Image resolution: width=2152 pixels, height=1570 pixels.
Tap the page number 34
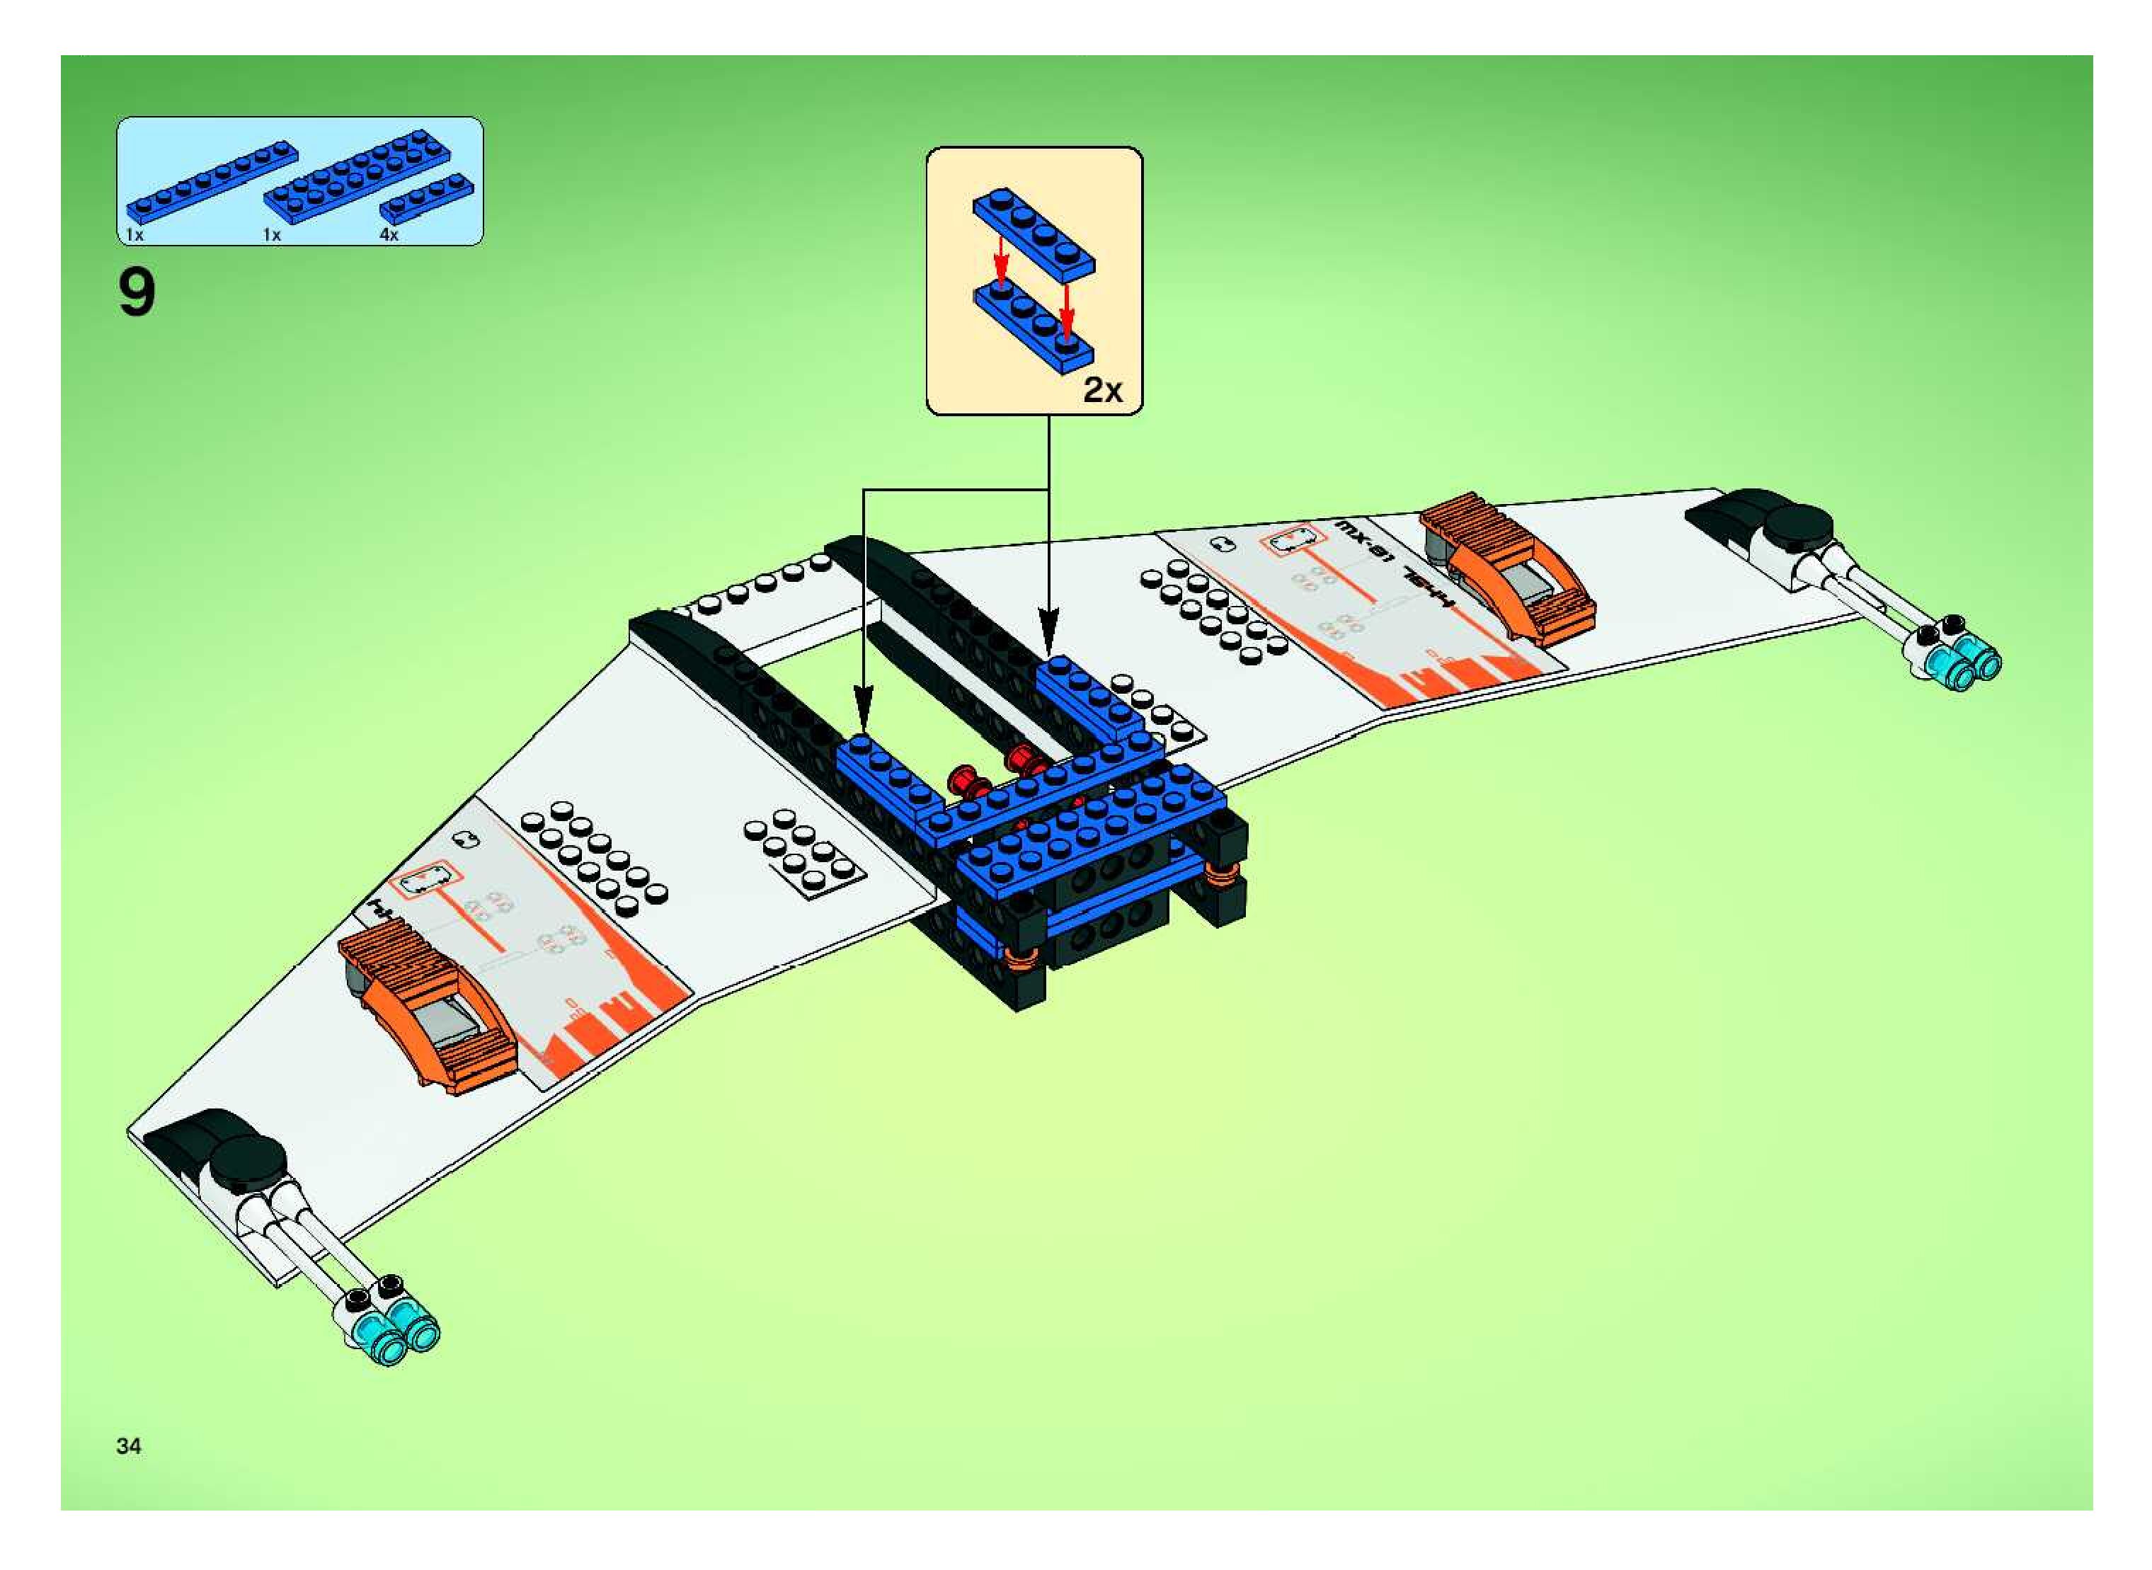pos(128,1445)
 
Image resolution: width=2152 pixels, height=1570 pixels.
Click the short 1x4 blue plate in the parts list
pos(427,197)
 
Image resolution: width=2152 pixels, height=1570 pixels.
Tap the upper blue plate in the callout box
pos(1034,232)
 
